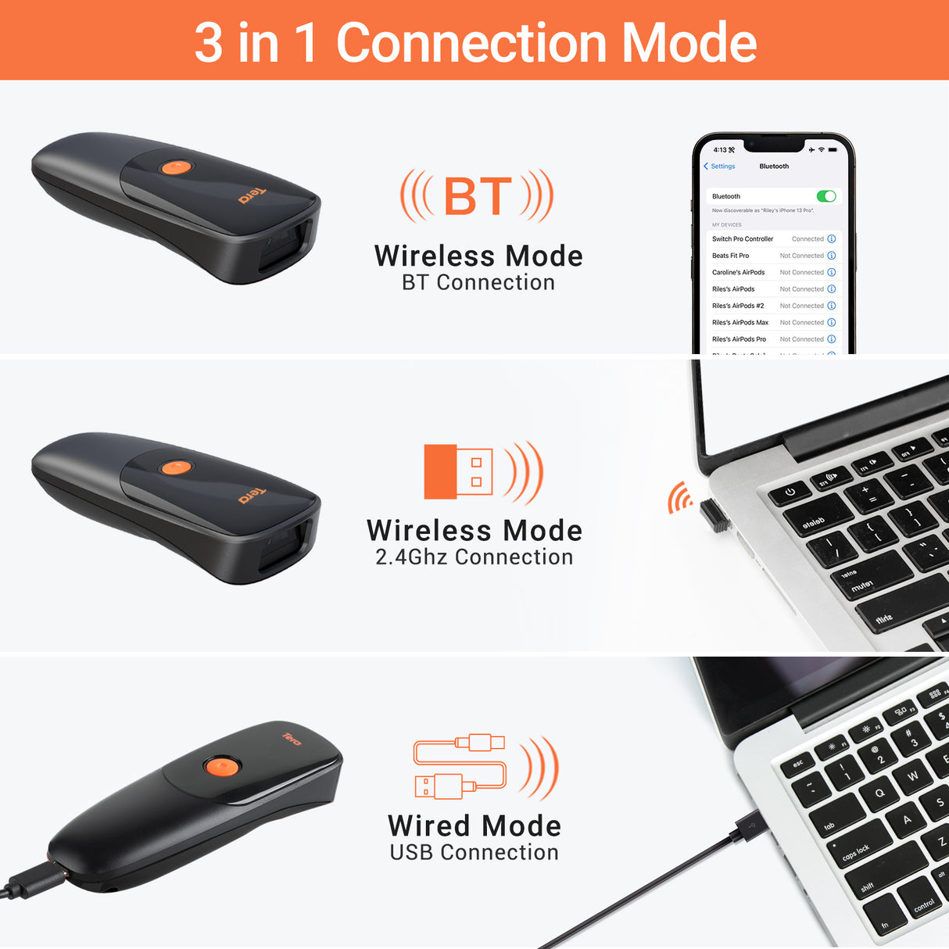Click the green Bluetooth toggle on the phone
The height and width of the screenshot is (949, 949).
(825, 196)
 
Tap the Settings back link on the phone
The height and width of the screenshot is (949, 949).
(720, 167)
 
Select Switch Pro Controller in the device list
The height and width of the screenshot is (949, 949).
(742, 239)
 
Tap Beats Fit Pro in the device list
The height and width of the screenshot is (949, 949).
(730, 256)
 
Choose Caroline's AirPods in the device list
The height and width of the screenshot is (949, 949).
(738, 273)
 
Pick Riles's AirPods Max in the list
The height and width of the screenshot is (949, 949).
(740, 323)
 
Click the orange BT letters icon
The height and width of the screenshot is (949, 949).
(478, 196)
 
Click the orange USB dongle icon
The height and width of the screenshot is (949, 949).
(458, 471)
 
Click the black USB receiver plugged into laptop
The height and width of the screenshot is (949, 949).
(714, 516)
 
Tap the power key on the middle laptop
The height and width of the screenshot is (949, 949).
(790, 492)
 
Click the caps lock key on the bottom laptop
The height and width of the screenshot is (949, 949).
(856, 851)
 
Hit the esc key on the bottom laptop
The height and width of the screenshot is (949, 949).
(798, 763)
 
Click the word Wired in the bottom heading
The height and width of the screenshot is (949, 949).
(429, 826)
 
